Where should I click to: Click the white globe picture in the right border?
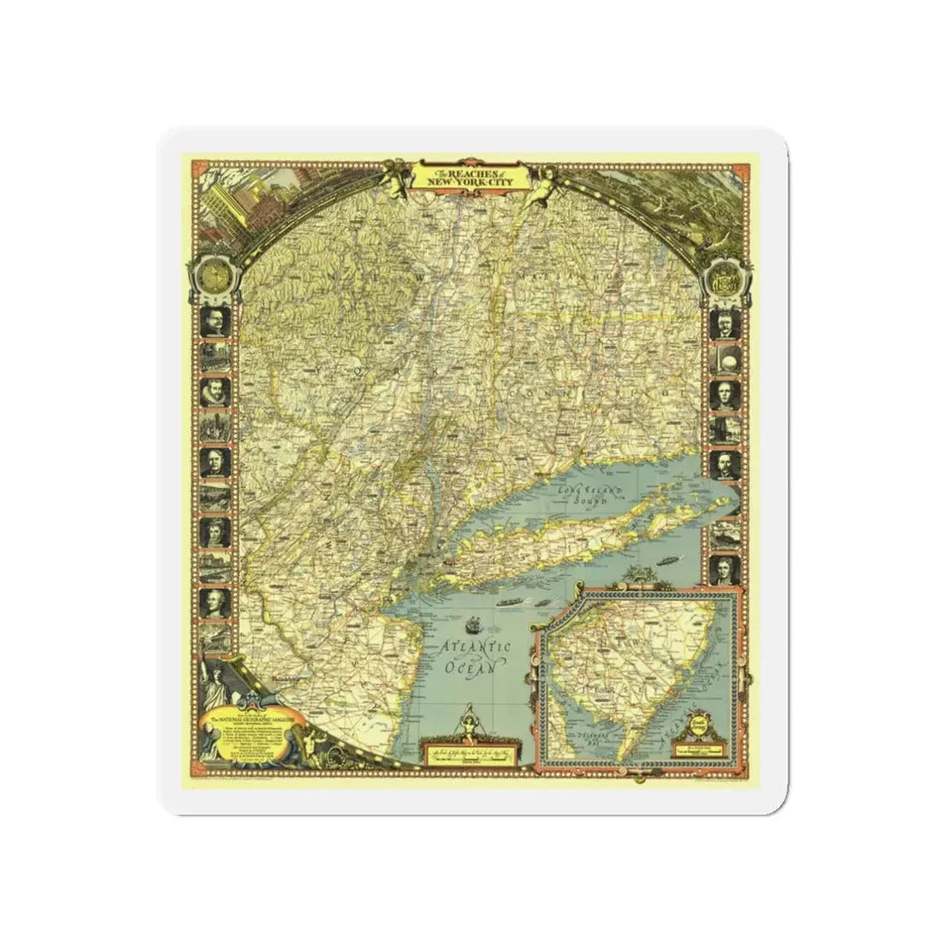[724, 360]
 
